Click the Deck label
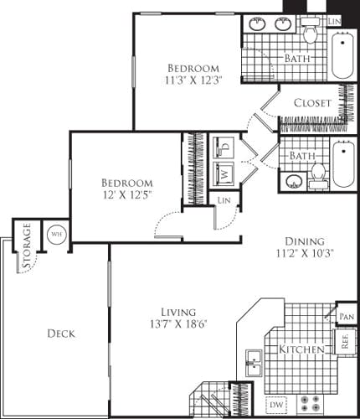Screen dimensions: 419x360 pos(61,334)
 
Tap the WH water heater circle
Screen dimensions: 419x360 pos(57,233)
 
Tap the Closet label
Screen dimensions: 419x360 pos(312,104)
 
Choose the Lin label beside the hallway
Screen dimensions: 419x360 pos(224,200)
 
